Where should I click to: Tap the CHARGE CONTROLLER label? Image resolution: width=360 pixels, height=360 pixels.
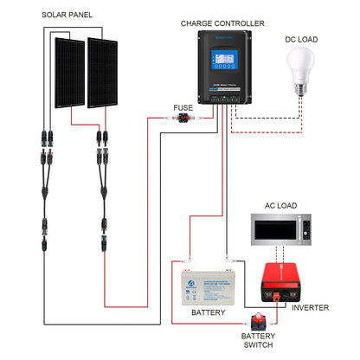click(x=222, y=22)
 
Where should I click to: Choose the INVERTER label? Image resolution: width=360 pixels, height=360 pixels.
click(x=309, y=307)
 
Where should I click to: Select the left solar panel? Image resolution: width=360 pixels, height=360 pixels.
click(x=66, y=73)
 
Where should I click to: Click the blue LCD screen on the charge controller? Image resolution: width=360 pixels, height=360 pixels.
click(x=222, y=64)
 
